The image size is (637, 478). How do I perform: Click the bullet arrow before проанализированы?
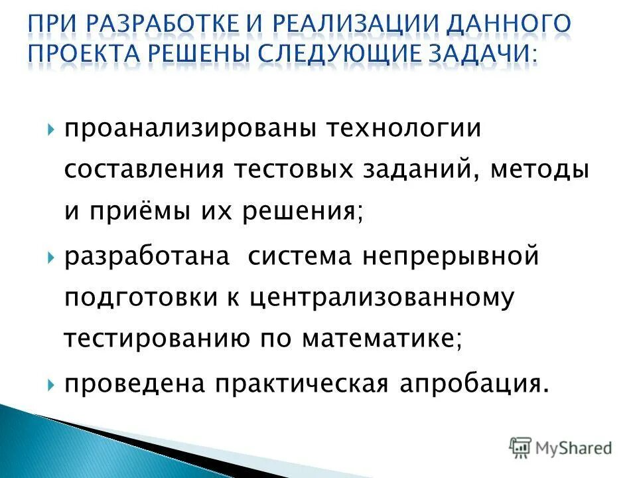[52, 129]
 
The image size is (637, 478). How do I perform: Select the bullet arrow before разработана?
[52, 256]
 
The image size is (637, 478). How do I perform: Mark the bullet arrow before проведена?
[52, 383]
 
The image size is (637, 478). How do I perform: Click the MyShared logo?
[561, 447]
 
